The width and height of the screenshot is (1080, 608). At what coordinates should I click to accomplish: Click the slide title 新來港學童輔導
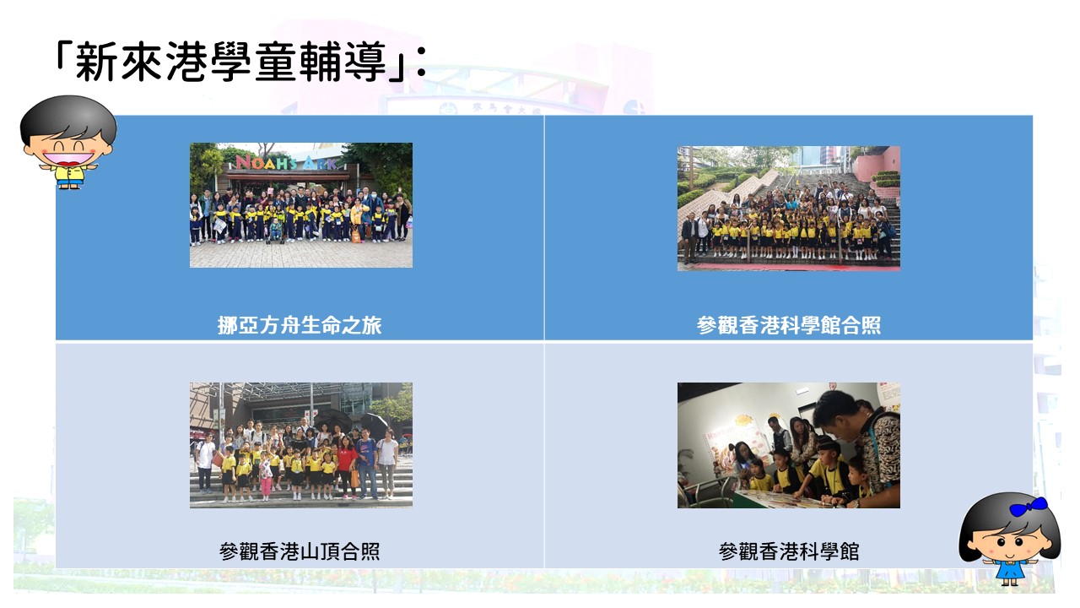pyautogui.click(x=231, y=62)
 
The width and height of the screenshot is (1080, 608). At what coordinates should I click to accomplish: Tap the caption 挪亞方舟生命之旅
pyautogui.click(x=300, y=325)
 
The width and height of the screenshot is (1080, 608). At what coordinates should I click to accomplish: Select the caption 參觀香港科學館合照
pyautogui.click(x=789, y=325)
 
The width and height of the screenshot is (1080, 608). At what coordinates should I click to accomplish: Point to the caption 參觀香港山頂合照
pyautogui.click(x=300, y=551)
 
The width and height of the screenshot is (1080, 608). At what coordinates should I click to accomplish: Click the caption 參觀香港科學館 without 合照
pyautogui.click(x=789, y=551)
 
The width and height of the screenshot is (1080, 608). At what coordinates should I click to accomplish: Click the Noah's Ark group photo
pyautogui.click(x=301, y=205)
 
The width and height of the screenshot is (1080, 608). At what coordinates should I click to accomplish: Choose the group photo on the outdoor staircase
pyautogui.click(x=789, y=209)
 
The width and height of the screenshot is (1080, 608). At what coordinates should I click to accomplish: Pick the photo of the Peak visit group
pyautogui.click(x=301, y=445)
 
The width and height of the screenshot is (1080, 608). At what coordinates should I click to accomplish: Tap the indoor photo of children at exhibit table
pyautogui.click(x=789, y=445)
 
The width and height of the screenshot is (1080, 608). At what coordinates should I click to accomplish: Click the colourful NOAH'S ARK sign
pyautogui.click(x=286, y=162)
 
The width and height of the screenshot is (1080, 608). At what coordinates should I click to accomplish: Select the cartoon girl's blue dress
pyautogui.click(x=1011, y=569)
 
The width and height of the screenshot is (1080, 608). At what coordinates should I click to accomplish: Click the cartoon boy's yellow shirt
pyautogui.click(x=69, y=174)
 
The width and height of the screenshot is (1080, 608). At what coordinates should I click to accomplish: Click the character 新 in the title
pyautogui.click(x=96, y=62)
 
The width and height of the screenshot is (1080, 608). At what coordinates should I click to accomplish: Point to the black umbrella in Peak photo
pyautogui.click(x=332, y=418)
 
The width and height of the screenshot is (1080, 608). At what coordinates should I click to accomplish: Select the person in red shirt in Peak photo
pyautogui.click(x=347, y=467)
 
